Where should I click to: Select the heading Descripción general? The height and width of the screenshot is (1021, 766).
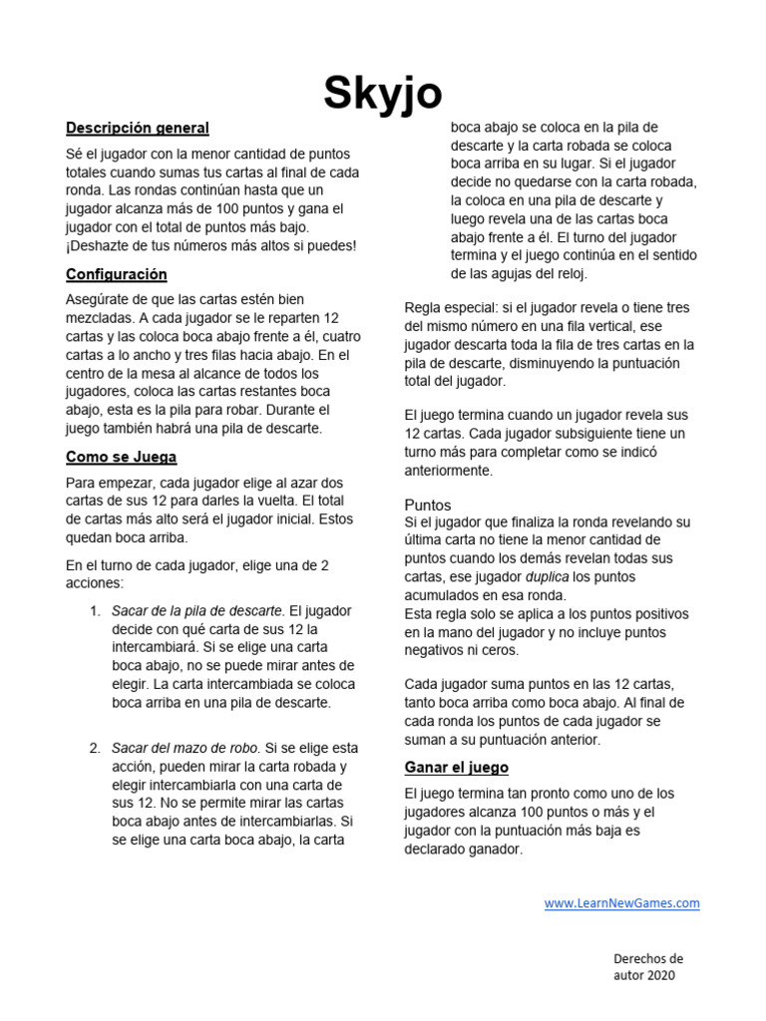[x=138, y=128]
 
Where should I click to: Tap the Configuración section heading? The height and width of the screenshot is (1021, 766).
[x=117, y=274]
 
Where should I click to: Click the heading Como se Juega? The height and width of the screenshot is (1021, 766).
[x=122, y=457]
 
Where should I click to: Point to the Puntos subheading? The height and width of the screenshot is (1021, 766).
[x=428, y=505]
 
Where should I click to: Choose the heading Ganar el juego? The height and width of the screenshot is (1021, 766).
[x=456, y=767]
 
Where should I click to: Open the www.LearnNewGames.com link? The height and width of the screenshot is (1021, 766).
[x=621, y=903]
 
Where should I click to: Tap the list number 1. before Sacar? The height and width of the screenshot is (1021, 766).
[x=96, y=610]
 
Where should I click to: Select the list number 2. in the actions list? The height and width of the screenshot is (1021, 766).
[x=96, y=748]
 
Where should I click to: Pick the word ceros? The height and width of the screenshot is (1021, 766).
[x=500, y=650]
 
